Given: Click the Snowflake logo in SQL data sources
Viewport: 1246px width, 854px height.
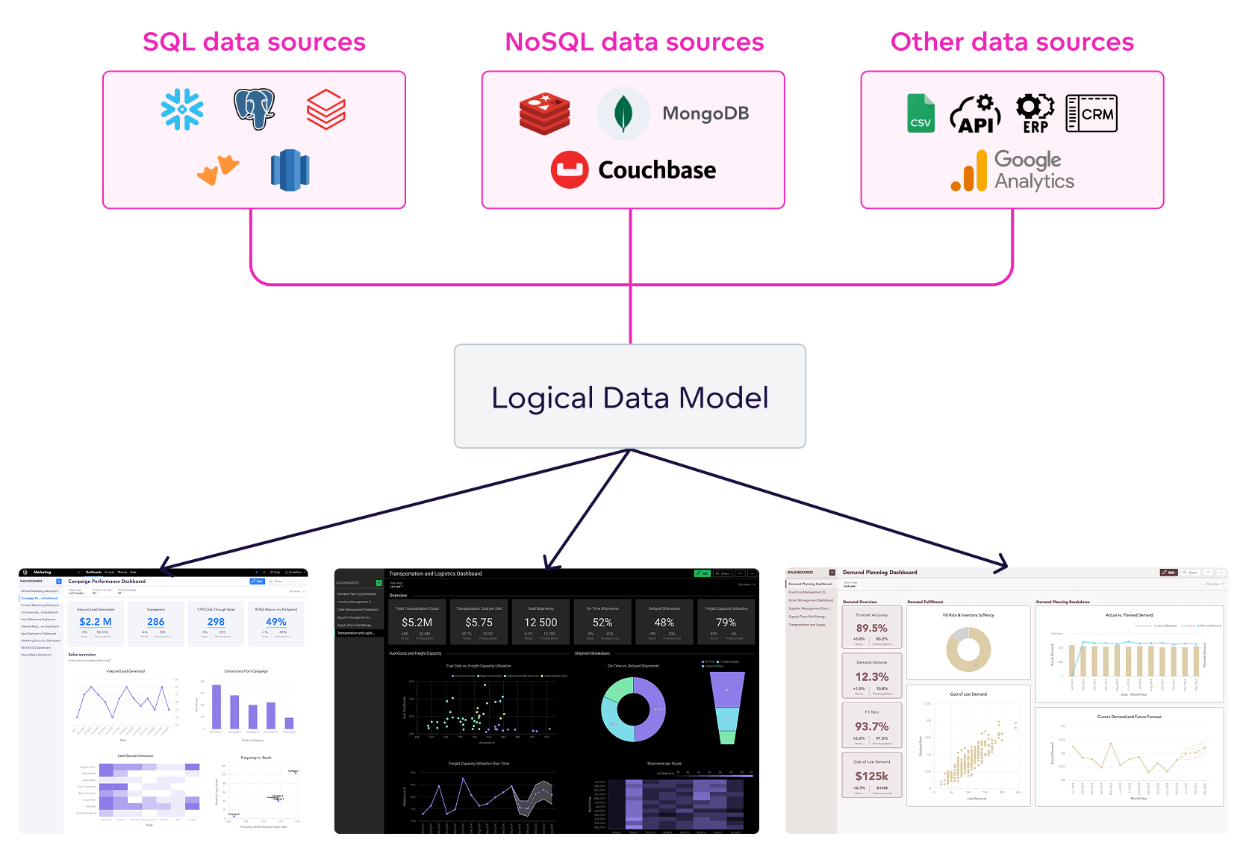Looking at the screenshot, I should click(182, 110).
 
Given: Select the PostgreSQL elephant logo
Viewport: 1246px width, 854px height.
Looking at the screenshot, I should click(254, 109).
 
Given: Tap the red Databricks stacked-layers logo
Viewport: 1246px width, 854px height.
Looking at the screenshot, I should click(326, 110).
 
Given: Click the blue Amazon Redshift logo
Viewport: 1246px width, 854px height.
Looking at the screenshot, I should click(290, 170).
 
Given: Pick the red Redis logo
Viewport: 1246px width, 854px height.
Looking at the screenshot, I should click(545, 113).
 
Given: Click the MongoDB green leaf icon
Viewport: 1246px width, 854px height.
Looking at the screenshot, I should click(623, 113).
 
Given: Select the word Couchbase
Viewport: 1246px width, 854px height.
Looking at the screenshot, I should click(657, 170).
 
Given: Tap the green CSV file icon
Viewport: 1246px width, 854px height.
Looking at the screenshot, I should click(921, 113).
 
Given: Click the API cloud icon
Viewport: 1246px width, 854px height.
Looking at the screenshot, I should click(976, 114).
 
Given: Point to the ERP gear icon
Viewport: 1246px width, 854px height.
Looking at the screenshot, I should click(1035, 113).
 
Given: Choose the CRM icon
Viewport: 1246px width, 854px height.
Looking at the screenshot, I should click(1091, 113).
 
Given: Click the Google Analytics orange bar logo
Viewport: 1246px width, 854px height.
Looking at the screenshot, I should click(969, 172).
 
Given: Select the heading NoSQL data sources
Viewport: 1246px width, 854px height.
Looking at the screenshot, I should click(635, 42).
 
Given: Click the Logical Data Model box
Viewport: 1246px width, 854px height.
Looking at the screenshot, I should click(630, 396).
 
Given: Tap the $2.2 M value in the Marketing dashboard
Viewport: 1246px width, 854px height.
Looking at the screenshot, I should click(96, 622).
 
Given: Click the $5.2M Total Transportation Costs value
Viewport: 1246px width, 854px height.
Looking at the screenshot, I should click(417, 623).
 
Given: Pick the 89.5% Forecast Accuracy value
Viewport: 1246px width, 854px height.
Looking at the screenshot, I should click(871, 629).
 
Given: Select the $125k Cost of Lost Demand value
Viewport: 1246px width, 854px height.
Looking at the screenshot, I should click(871, 776).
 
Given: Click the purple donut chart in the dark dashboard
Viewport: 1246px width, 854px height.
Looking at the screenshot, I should click(633, 709).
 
